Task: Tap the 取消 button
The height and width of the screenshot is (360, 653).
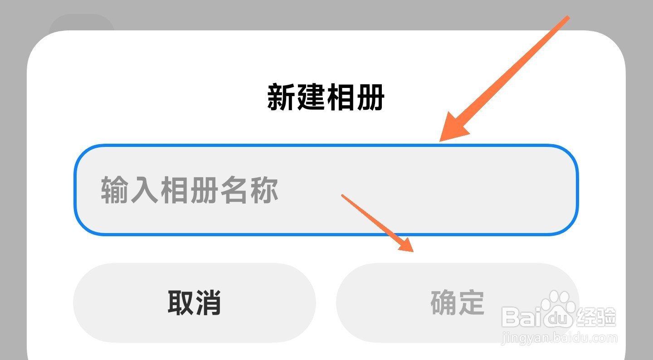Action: pos(194,303)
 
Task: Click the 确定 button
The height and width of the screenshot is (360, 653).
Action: pos(457,303)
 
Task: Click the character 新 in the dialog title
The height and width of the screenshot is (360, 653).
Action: pos(282,97)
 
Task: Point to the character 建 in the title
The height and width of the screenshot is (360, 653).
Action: pos(312,97)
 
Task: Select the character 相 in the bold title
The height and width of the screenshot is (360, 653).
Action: pos(341,97)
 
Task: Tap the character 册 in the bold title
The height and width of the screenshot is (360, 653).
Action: pos(370,97)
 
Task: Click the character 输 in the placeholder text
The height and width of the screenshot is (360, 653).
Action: pos(114,190)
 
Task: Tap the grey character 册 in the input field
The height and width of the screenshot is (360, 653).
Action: pos(204,190)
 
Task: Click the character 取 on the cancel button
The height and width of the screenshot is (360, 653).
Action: pos(181,303)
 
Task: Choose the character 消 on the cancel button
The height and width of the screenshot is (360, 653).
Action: pos(208,303)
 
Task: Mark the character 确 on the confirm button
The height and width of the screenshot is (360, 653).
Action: pos(443,303)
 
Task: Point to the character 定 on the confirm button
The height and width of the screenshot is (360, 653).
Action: pos(471,303)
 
